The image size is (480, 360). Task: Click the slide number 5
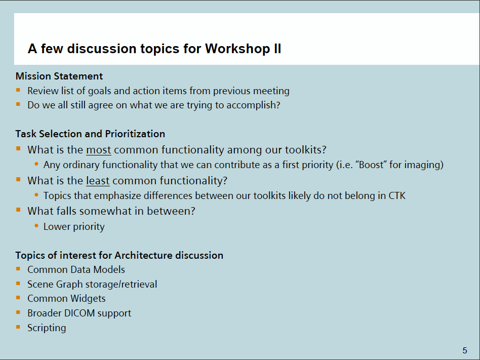465,350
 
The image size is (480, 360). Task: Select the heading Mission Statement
59,76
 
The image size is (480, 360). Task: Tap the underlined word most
99,150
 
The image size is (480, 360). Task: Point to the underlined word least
98,181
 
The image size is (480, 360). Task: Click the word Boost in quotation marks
372,165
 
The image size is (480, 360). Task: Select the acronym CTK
397,195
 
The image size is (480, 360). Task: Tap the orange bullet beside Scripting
18,327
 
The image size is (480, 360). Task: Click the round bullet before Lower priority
36,226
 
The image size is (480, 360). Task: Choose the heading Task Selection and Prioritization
90,134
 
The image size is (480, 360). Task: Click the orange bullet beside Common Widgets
18,298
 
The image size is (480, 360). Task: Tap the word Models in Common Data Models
109,269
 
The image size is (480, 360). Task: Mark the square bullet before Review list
18,90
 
